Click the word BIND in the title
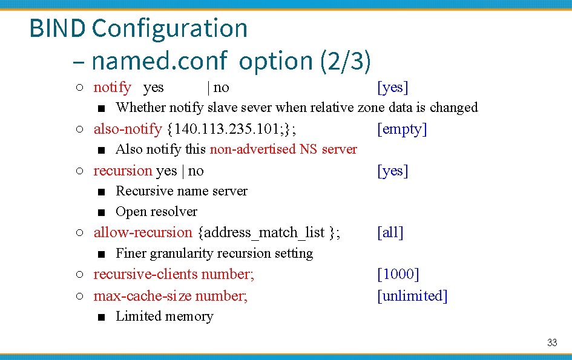pyautogui.click(x=58, y=28)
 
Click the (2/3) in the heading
pyautogui.click(x=345, y=61)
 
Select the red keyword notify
pyautogui.click(x=112, y=87)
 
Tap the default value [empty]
pyautogui.click(x=402, y=129)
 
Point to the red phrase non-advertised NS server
pyautogui.click(x=283, y=149)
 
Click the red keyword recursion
pyautogui.click(x=122, y=171)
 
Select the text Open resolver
pyautogui.click(x=156, y=212)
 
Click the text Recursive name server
pyautogui.click(x=182, y=191)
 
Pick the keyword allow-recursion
pyautogui.click(x=142, y=232)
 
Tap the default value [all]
pyautogui.click(x=390, y=232)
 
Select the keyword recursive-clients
pyautogui.click(x=145, y=274)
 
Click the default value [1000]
pyautogui.click(x=398, y=274)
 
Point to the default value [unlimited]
pyautogui.click(x=412, y=296)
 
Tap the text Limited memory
pyautogui.click(x=164, y=316)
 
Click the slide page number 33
pyautogui.click(x=551, y=343)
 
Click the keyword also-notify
pyautogui.click(x=127, y=129)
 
